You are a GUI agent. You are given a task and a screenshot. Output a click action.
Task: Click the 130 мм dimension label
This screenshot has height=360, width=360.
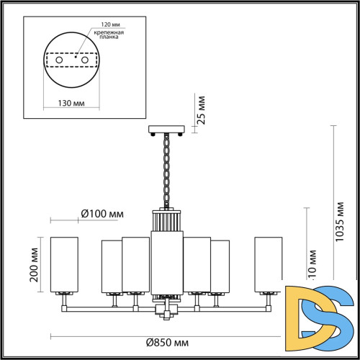point(69,103)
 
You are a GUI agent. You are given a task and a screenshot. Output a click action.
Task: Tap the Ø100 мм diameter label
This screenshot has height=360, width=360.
point(102,214)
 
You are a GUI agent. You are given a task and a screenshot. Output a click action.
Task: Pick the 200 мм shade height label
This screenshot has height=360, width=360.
point(34,265)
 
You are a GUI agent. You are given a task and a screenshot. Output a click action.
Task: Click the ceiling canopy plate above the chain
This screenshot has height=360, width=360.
point(167,130)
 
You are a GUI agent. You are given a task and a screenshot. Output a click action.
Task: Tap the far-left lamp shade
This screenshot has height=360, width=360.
point(63,264)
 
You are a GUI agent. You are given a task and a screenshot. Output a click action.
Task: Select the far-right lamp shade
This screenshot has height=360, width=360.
point(268,264)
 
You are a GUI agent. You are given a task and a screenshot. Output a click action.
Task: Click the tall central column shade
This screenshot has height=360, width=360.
point(166,263)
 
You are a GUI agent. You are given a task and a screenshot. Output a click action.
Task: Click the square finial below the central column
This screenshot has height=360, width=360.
point(166,311)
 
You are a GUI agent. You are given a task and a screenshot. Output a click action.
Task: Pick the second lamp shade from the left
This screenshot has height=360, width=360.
point(111,267)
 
